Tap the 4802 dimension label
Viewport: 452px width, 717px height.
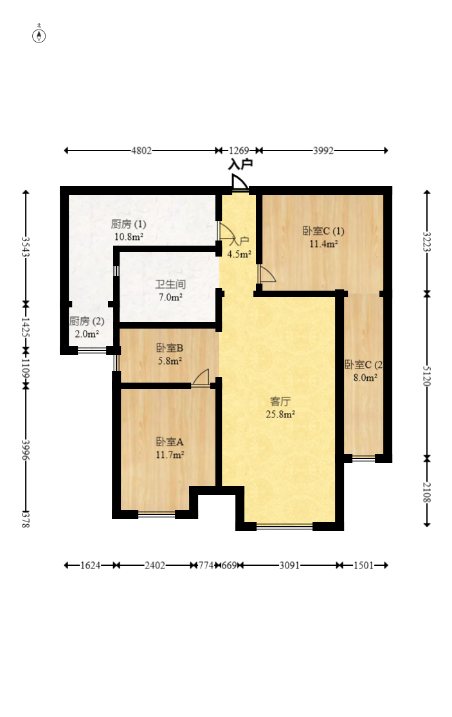tap(141, 150)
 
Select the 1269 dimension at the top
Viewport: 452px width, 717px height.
tap(239, 150)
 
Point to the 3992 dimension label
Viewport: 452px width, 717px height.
tap(323, 150)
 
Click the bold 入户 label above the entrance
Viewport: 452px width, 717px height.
tap(240, 165)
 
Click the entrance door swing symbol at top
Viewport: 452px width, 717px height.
tap(240, 182)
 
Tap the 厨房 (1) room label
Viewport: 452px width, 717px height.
tap(129, 224)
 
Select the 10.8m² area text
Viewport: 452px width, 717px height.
tap(129, 237)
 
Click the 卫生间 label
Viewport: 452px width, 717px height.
tap(170, 284)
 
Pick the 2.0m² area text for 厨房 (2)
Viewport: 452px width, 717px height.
tap(87, 334)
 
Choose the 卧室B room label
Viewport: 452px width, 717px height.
tap(170, 348)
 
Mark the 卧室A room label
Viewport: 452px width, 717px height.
tap(170, 442)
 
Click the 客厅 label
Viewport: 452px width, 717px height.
tap(280, 401)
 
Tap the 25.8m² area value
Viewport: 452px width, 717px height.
tap(280, 414)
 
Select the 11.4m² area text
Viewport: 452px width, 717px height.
tap(323, 244)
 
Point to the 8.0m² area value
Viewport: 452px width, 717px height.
tap(365, 377)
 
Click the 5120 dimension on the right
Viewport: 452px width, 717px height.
tap(426, 376)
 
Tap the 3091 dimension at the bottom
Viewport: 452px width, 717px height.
tap(289, 566)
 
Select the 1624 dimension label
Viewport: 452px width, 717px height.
tap(90, 566)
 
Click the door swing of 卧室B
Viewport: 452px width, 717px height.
tap(201, 377)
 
